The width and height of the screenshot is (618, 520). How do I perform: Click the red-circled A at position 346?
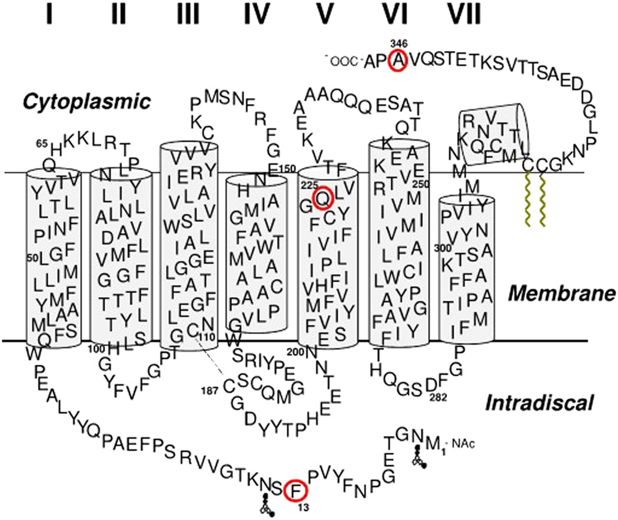[398, 61]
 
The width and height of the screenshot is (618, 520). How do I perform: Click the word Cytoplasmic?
[85, 102]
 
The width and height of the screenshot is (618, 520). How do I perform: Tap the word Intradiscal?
[540, 403]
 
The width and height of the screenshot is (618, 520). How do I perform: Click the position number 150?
[288, 170]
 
